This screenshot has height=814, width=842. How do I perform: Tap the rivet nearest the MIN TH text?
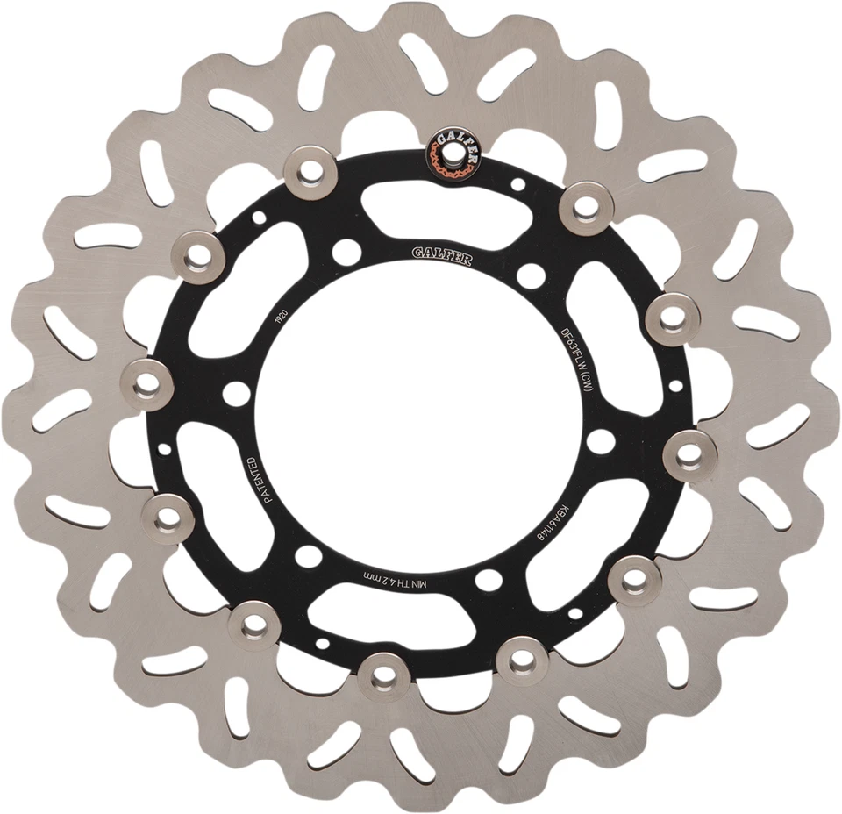click(383, 676)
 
